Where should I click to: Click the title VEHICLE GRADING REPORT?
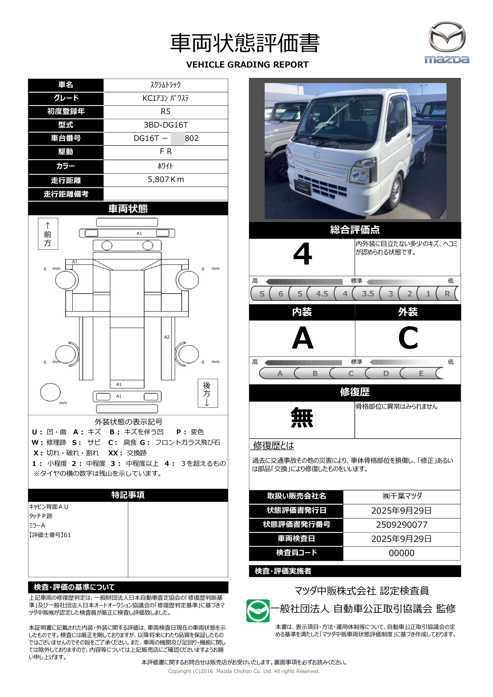click(247, 65)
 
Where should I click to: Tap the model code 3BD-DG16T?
click(166, 125)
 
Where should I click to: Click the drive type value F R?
click(166, 151)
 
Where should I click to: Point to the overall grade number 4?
click(302, 254)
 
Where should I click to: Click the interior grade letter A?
click(302, 338)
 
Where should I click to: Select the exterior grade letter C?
click(408, 338)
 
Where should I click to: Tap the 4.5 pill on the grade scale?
click(322, 293)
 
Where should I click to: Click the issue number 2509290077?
click(401, 525)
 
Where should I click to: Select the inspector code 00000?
click(401, 553)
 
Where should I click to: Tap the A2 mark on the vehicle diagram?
click(167, 337)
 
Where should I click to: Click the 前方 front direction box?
click(48, 234)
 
